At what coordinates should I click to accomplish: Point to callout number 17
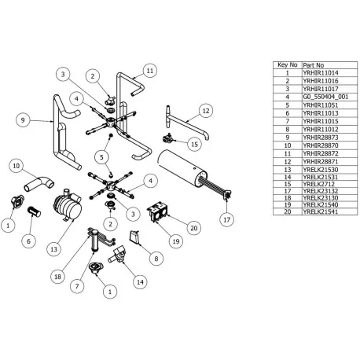[226, 219]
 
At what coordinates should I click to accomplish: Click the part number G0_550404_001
[314, 94]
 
